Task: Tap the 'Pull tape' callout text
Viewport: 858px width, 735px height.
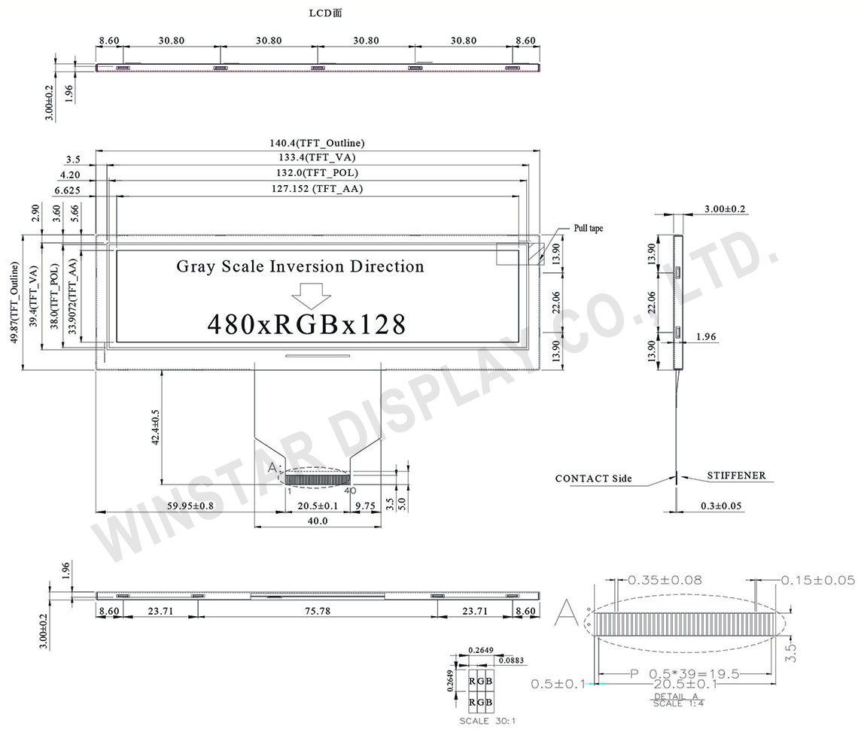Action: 589,227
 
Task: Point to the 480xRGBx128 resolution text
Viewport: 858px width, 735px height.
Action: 306,324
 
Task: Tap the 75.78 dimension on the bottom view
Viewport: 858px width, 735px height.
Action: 318,612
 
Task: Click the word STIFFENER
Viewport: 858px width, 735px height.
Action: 736,475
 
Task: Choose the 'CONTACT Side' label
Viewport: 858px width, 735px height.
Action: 593,478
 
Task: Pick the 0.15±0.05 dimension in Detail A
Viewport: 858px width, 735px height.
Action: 818,580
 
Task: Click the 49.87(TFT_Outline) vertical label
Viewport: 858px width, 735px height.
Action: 14,302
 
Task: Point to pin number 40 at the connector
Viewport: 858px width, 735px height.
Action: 350,490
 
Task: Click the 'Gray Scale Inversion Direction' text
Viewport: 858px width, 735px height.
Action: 300,266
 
